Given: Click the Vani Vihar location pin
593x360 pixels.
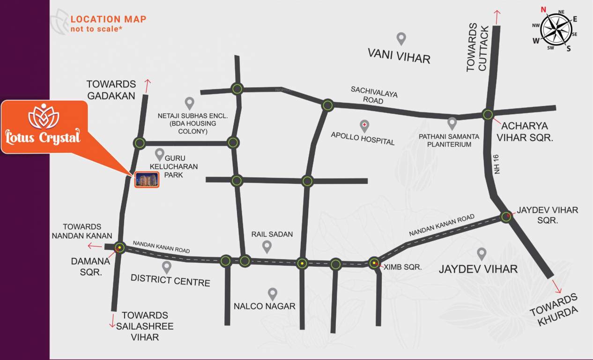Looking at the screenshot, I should (400, 38).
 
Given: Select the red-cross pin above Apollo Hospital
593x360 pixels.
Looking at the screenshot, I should (364, 125).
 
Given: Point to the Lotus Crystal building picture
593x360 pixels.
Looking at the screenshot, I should (147, 179).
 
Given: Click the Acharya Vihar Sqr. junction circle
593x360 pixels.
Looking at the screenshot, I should (488, 114).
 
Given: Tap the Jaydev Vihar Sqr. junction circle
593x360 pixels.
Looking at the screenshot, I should (506, 217).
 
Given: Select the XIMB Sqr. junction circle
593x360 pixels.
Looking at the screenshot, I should (374, 263).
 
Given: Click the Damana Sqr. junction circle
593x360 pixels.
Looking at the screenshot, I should (120, 247).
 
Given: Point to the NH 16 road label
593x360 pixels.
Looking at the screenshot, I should (497, 164).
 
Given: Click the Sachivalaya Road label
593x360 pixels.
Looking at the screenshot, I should (374, 95).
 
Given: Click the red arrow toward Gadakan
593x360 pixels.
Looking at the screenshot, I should (148, 86).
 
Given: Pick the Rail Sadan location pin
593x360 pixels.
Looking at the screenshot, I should (267, 246).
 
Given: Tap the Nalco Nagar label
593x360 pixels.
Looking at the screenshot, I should (265, 306).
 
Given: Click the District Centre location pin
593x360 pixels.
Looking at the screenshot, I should (166, 267).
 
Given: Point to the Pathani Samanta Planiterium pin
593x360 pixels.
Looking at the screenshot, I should (452, 123).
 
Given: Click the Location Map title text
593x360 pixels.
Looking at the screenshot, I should (108, 19).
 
